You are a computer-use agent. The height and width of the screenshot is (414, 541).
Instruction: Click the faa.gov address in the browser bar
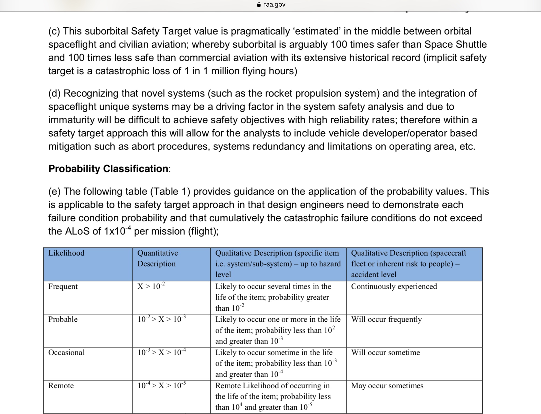pyautogui.click(x=274, y=4)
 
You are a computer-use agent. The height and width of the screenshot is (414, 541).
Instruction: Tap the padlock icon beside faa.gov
pyautogui.click(x=259, y=4)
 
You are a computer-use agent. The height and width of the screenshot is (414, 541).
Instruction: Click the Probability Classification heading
pyautogui.click(x=108, y=169)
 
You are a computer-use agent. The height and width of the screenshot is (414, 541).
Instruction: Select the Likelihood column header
pyautogui.click(x=66, y=253)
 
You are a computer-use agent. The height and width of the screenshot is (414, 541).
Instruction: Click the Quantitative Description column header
pyautogui.click(x=157, y=258)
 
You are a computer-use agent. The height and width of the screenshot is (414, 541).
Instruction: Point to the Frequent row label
pyautogui.click(x=63, y=286)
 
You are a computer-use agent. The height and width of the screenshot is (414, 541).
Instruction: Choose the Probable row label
pyautogui.click(x=63, y=319)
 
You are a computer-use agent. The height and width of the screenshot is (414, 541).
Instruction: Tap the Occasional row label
pyautogui.click(x=66, y=352)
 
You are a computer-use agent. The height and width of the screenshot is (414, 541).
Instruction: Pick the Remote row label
pyautogui.click(x=61, y=386)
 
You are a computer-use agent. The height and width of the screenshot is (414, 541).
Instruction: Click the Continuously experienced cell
pyautogui.click(x=394, y=286)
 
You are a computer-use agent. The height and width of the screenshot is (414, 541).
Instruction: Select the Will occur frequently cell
pyautogui.click(x=386, y=319)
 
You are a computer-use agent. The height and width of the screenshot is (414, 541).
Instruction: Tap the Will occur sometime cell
pyautogui.click(x=385, y=352)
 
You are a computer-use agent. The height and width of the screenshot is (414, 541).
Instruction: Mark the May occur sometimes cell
pyautogui.click(x=387, y=386)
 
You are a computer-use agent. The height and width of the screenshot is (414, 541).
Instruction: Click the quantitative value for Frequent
pyautogui.click(x=151, y=286)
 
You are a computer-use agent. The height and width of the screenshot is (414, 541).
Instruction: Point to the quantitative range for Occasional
pyautogui.click(x=162, y=352)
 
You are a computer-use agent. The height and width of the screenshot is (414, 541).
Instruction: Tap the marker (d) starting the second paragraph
pyautogui.click(x=54, y=93)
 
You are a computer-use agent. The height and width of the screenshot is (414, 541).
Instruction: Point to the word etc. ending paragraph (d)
pyautogui.click(x=467, y=146)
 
